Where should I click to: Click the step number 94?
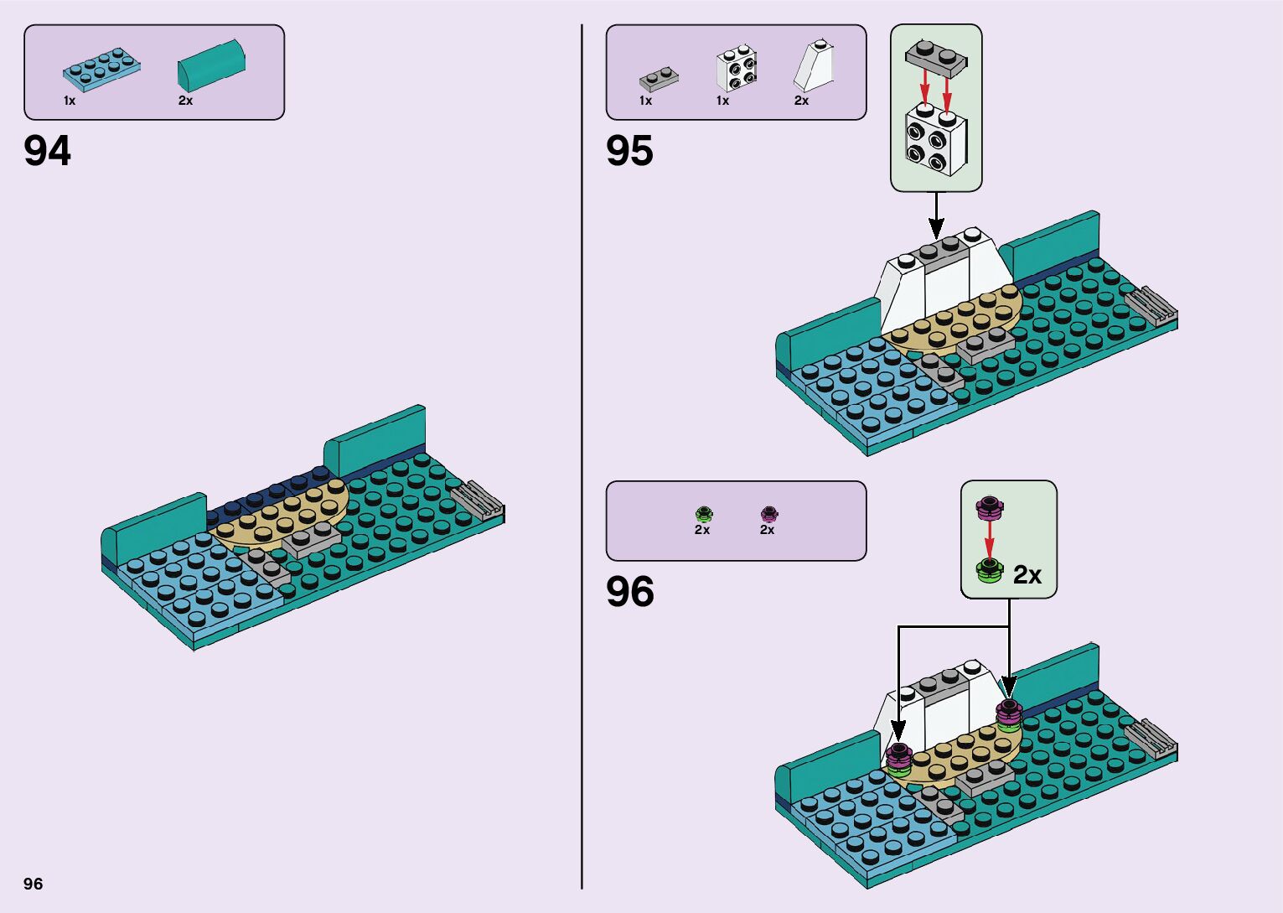point(48,152)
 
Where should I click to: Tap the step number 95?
point(629,152)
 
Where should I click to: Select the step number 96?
point(629,592)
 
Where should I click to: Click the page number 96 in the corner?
point(34,884)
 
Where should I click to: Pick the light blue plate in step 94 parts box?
point(101,70)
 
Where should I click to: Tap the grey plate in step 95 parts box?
point(658,79)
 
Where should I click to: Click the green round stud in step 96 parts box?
point(703,514)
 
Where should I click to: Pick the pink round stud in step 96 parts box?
point(768,514)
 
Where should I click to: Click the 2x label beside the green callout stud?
point(1027,575)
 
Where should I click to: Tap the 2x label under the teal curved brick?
point(185,101)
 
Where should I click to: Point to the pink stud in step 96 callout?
point(990,506)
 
